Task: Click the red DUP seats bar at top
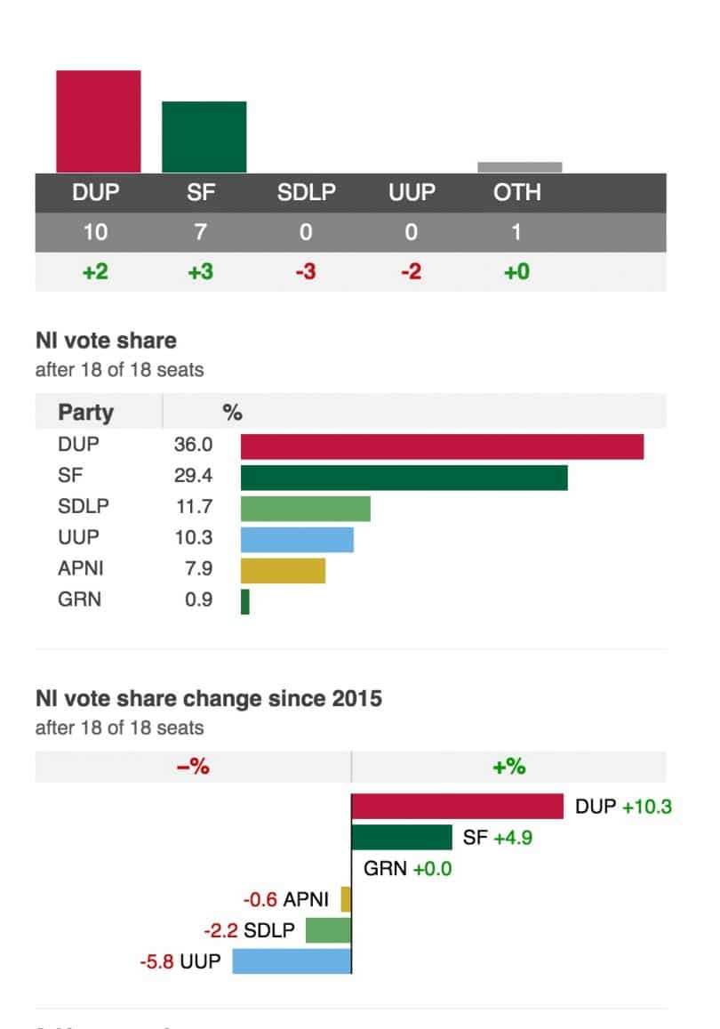coord(98,121)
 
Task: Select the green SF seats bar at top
coord(204,136)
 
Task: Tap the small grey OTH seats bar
coord(519,167)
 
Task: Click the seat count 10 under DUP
coord(95,233)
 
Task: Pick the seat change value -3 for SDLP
coord(306,271)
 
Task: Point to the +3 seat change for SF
coord(201,271)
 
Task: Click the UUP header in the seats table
coord(411,193)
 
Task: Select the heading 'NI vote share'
coord(106,341)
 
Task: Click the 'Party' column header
coord(85,413)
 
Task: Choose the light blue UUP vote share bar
coord(297,540)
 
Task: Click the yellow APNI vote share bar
coord(283,570)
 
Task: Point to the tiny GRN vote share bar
coord(245,601)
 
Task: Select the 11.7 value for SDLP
coord(193,508)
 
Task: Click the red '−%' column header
coord(193,767)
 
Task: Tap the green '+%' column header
coord(508,767)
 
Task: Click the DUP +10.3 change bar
coord(457,807)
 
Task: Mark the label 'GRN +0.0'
coord(407,869)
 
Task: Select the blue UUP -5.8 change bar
coord(292,961)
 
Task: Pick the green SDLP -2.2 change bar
coord(328,930)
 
